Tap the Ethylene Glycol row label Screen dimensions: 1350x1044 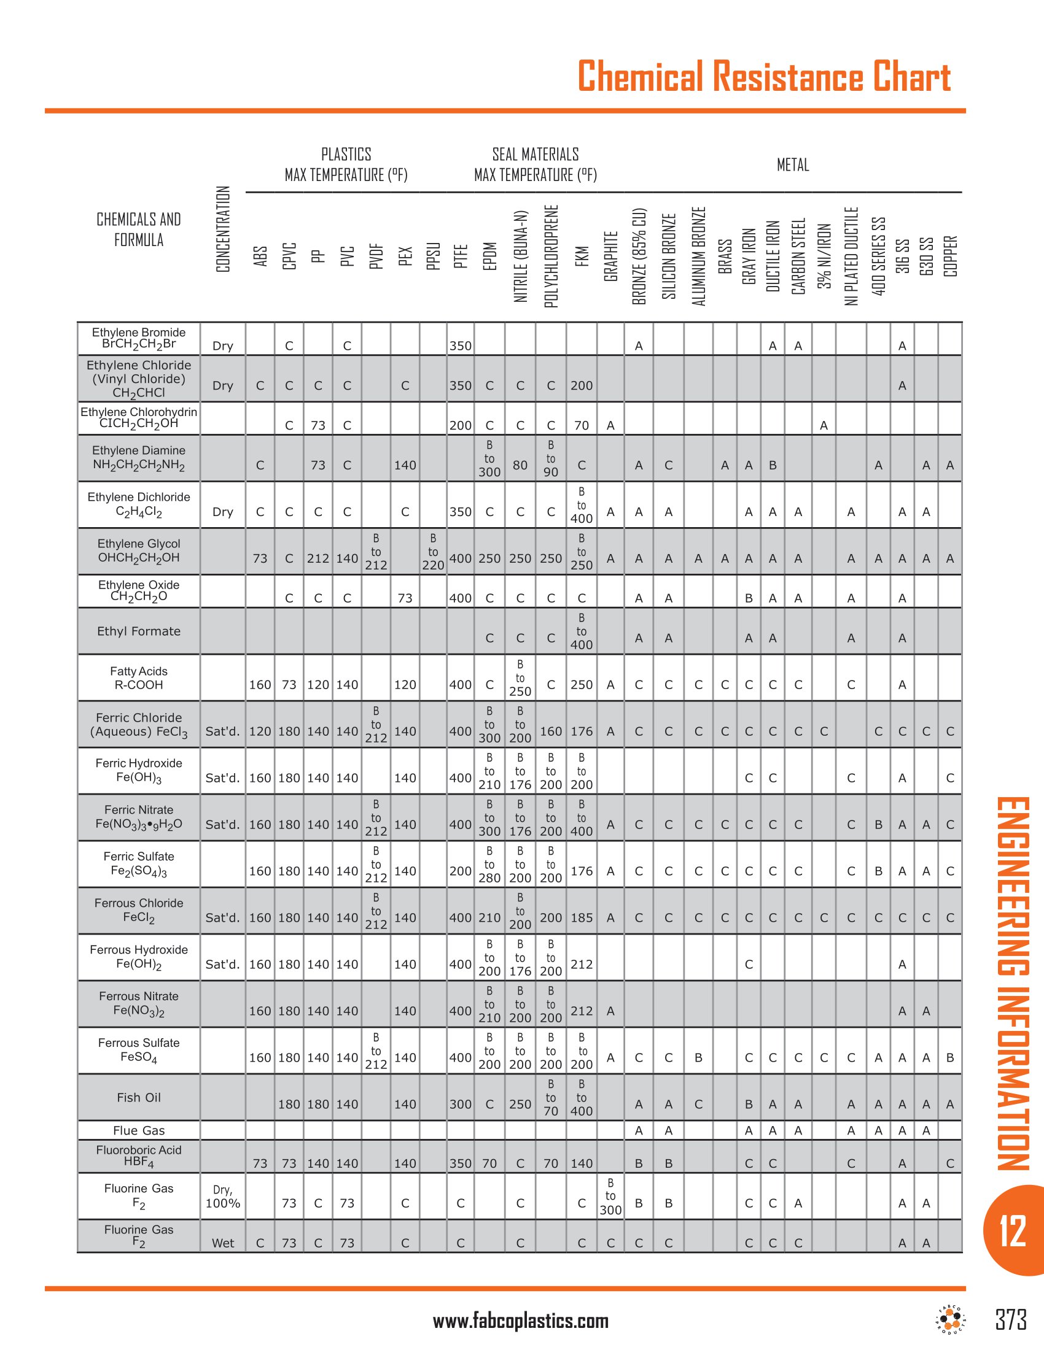click(139, 551)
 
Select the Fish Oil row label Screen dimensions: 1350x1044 click(139, 1097)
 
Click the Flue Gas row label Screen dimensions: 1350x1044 click(139, 1130)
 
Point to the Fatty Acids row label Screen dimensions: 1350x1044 click(139, 678)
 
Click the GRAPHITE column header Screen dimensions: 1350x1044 click(611, 256)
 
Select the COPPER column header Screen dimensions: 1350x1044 click(950, 256)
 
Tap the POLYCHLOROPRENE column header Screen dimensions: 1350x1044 click(551, 256)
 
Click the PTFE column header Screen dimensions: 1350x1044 click(460, 256)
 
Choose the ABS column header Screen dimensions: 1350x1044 click(260, 256)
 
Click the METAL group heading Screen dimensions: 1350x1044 click(792, 165)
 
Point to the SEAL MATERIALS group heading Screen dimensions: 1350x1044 click(536, 164)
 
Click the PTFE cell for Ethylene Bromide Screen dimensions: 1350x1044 click(460, 346)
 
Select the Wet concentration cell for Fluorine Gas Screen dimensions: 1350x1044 click(223, 1243)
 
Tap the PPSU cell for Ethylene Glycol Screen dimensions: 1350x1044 click(433, 552)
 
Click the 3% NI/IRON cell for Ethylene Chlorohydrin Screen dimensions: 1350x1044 click(823, 425)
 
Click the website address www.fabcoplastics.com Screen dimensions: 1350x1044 click(521, 1322)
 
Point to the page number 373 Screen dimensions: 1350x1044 click(1011, 1319)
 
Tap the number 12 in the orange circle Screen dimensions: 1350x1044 click(1013, 1231)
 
